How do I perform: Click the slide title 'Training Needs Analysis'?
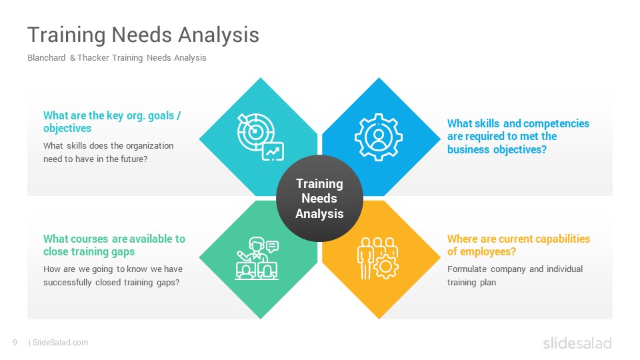(x=143, y=34)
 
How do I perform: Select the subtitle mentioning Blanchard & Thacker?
(x=117, y=57)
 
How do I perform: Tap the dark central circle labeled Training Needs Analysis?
(x=319, y=199)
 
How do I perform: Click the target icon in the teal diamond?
(x=261, y=137)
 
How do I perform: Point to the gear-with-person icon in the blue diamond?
(x=379, y=137)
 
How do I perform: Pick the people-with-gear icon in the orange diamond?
(x=377, y=259)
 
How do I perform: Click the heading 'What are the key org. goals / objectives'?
(x=112, y=121)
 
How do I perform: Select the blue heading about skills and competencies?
(x=519, y=136)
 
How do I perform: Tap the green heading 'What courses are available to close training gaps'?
(x=114, y=245)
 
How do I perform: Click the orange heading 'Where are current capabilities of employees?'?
(x=519, y=245)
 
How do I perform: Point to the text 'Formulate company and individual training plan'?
(x=515, y=275)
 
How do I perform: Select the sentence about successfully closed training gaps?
(x=113, y=275)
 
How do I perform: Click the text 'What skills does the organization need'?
(x=109, y=152)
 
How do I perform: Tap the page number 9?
(x=15, y=343)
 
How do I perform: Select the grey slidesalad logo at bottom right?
(x=577, y=343)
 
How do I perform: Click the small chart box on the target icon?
(x=273, y=151)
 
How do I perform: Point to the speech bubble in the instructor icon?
(x=272, y=246)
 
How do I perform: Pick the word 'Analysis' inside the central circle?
(x=319, y=213)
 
